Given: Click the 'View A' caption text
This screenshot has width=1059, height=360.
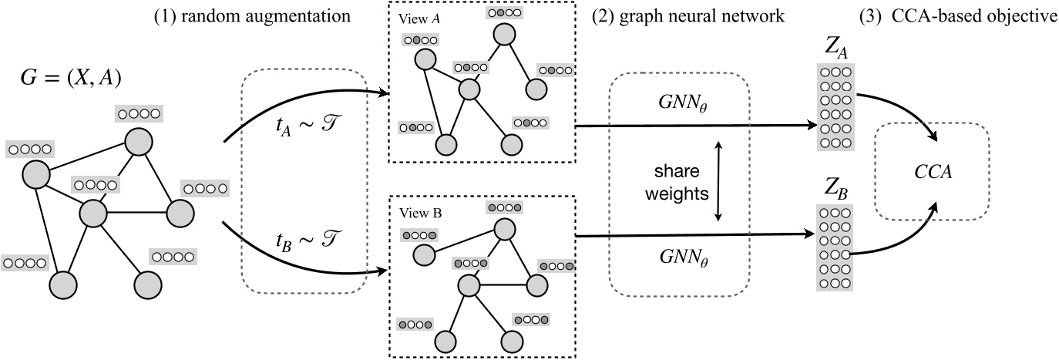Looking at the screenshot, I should (417, 17).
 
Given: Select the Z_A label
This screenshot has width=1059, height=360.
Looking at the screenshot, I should (835, 52).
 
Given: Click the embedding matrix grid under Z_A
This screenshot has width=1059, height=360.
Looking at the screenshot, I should (835, 107).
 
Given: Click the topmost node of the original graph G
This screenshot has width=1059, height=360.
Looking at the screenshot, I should (139, 141).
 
